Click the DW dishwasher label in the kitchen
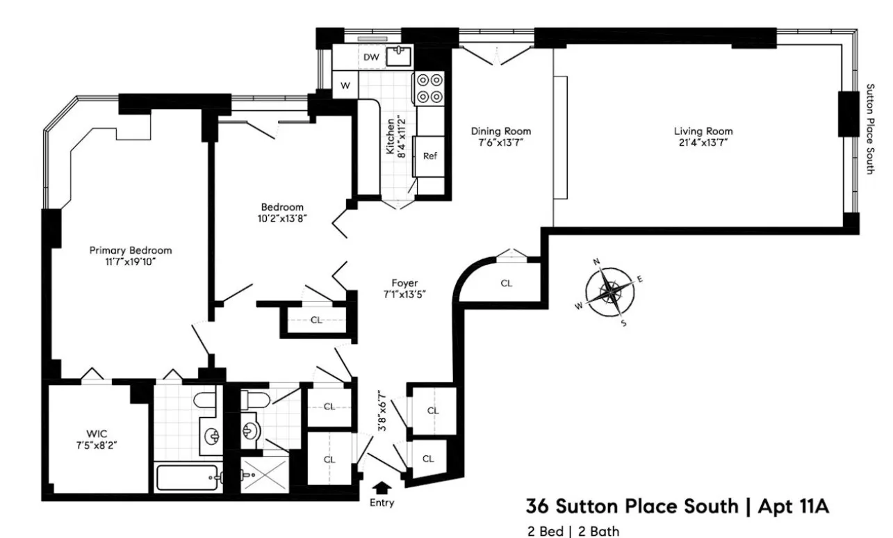(x=371, y=58)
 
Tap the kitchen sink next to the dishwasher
(x=399, y=56)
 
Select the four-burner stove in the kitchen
(x=429, y=88)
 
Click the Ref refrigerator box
(x=430, y=156)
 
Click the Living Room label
(x=703, y=131)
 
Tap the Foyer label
(x=404, y=282)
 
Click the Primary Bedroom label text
(x=131, y=250)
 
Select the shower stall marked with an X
(x=263, y=476)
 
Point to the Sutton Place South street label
(x=869, y=129)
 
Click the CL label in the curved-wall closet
(x=506, y=284)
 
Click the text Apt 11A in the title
(x=788, y=506)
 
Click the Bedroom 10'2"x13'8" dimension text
(x=282, y=218)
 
